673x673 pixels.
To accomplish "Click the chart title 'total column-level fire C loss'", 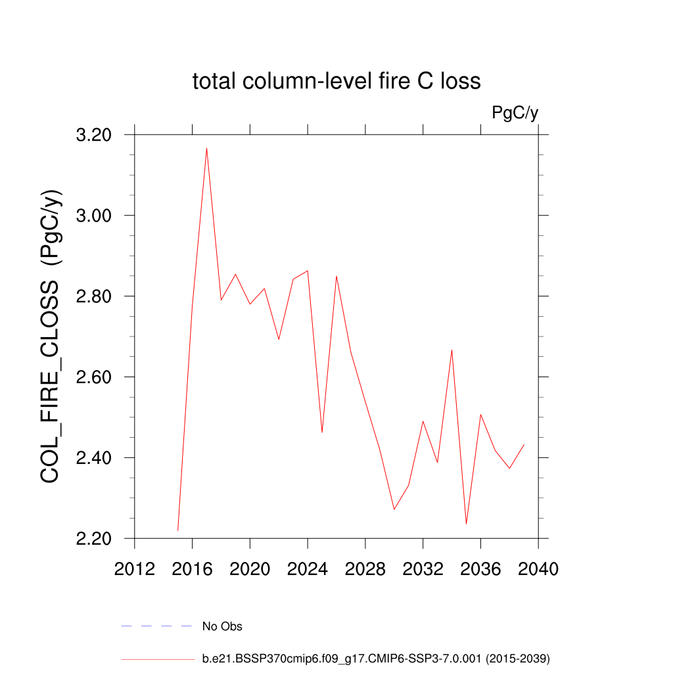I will coord(336,81).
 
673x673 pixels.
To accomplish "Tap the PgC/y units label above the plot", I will coord(515,113).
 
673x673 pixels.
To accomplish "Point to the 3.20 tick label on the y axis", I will coord(95,135).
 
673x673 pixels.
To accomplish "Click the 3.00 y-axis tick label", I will coord(95,216).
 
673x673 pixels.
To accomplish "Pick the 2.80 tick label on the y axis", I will coord(95,297).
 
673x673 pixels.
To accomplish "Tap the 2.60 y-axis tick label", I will coord(95,378).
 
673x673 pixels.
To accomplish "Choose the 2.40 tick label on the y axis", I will coord(95,458).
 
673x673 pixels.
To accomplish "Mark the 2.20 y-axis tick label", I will coord(95,539).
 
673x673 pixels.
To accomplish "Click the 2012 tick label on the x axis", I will coord(135,569).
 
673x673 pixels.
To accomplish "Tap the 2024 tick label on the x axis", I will coord(308,569).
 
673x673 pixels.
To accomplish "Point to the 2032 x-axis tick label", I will coord(423,569).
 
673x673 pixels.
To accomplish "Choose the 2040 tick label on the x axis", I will coord(538,569).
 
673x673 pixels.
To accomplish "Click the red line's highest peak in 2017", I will coord(206,149).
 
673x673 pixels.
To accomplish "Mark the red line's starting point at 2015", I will coord(178,530).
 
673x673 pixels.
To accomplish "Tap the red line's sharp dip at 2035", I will coord(466,523).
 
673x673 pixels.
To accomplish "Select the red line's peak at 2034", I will coord(452,350).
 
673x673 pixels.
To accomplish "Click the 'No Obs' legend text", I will coord(222,626).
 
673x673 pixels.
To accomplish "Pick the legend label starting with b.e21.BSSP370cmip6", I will coord(375,658).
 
